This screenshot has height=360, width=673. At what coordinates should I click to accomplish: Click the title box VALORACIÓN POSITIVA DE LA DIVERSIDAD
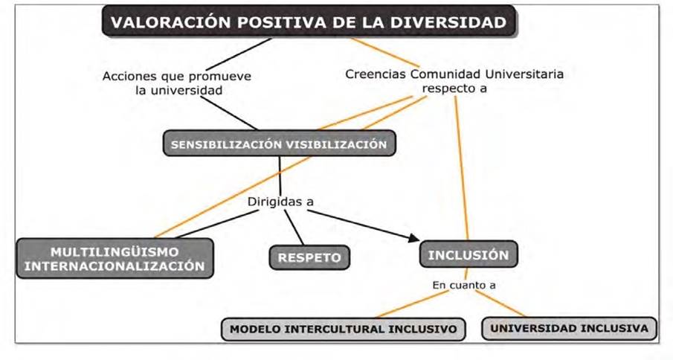click(x=308, y=22)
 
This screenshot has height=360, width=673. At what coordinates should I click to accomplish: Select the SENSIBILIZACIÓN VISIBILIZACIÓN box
click(x=279, y=144)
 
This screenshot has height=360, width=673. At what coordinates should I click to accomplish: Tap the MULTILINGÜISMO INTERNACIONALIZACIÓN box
click(x=115, y=257)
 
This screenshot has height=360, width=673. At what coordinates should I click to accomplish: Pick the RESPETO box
click(x=309, y=257)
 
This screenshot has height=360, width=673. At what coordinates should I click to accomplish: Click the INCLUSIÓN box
click(x=468, y=254)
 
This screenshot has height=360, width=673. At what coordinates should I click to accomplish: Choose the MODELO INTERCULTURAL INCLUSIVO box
click(x=343, y=328)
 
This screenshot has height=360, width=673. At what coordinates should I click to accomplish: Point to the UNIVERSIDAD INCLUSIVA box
click(x=570, y=327)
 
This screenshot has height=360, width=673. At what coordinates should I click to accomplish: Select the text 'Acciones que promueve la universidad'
click(x=178, y=83)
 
